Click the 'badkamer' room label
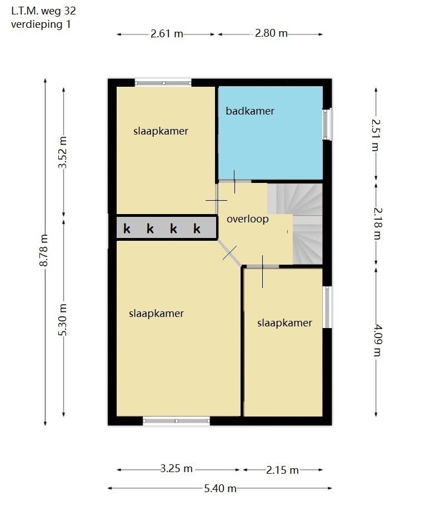(250, 111)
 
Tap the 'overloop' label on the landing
(247, 219)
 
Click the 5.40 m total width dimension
(221, 488)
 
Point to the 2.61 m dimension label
(167, 34)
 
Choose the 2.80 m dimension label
(271, 34)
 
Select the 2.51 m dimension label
(376, 134)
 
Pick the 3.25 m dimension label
(177, 469)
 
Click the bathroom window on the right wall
(327, 123)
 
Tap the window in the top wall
(163, 83)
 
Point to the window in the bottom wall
(176, 421)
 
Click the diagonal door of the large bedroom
(229, 254)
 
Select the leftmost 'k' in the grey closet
(127, 229)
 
